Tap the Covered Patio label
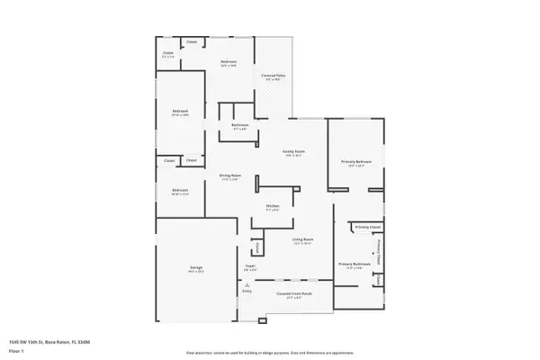pos(273,76)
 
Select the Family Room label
pos(293,152)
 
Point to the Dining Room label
pos(229,175)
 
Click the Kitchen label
pos(272,207)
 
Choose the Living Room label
pos(301,239)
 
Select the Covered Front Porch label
pos(293,293)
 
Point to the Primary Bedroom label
pos(355,162)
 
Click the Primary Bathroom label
pos(354,264)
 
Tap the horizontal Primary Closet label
pos(368,228)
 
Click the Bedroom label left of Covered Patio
pos(229,62)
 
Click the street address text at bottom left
pos(49,342)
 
